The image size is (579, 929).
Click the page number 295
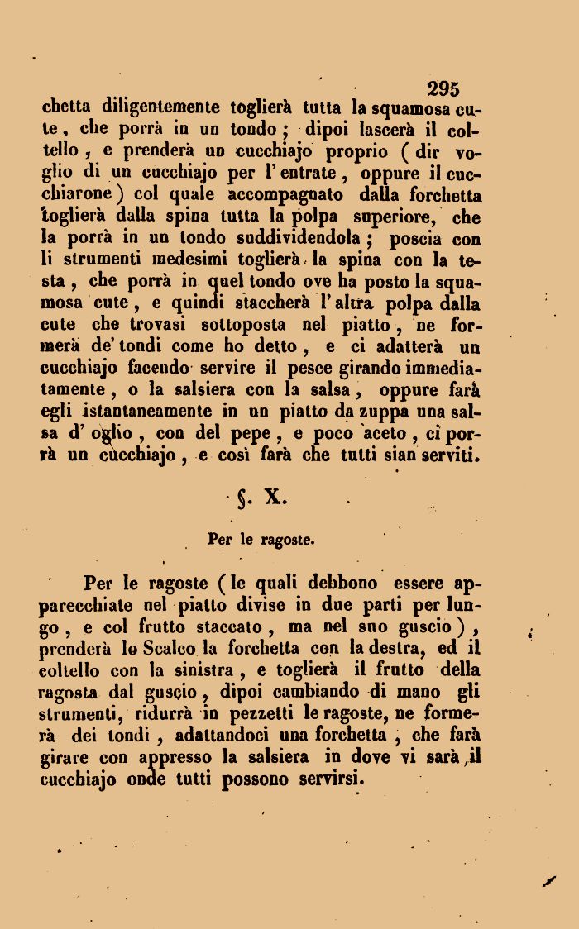(x=443, y=89)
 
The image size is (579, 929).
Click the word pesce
(x=333, y=368)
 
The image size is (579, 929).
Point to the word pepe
(x=262, y=433)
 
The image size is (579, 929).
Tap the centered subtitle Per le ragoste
(x=260, y=541)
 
